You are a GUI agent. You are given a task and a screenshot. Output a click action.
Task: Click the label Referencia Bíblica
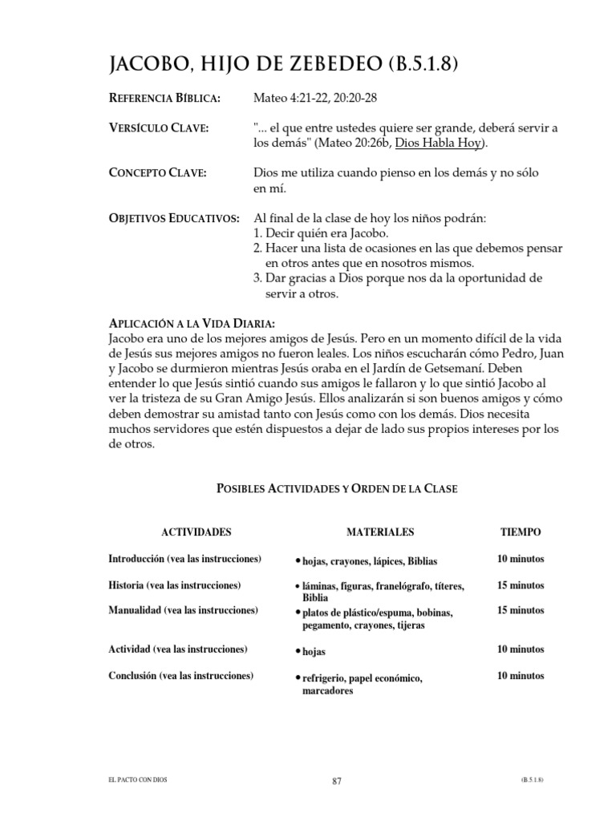164,99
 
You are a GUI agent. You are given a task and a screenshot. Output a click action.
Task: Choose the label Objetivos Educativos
173,219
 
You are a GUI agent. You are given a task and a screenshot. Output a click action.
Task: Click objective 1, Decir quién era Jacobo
321,233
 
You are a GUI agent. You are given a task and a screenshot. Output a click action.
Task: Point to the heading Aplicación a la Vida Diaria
192,323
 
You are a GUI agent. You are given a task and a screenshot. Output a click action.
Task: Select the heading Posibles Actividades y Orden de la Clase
338,488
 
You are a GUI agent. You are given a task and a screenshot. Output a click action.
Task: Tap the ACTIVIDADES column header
197,532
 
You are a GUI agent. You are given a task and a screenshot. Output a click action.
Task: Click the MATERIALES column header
380,532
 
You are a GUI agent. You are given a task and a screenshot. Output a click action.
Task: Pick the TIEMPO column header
521,532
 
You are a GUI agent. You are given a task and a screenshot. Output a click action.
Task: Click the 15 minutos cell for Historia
521,585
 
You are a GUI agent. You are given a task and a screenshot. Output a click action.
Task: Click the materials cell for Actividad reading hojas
313,653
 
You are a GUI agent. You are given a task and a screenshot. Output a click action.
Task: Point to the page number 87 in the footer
337,782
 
